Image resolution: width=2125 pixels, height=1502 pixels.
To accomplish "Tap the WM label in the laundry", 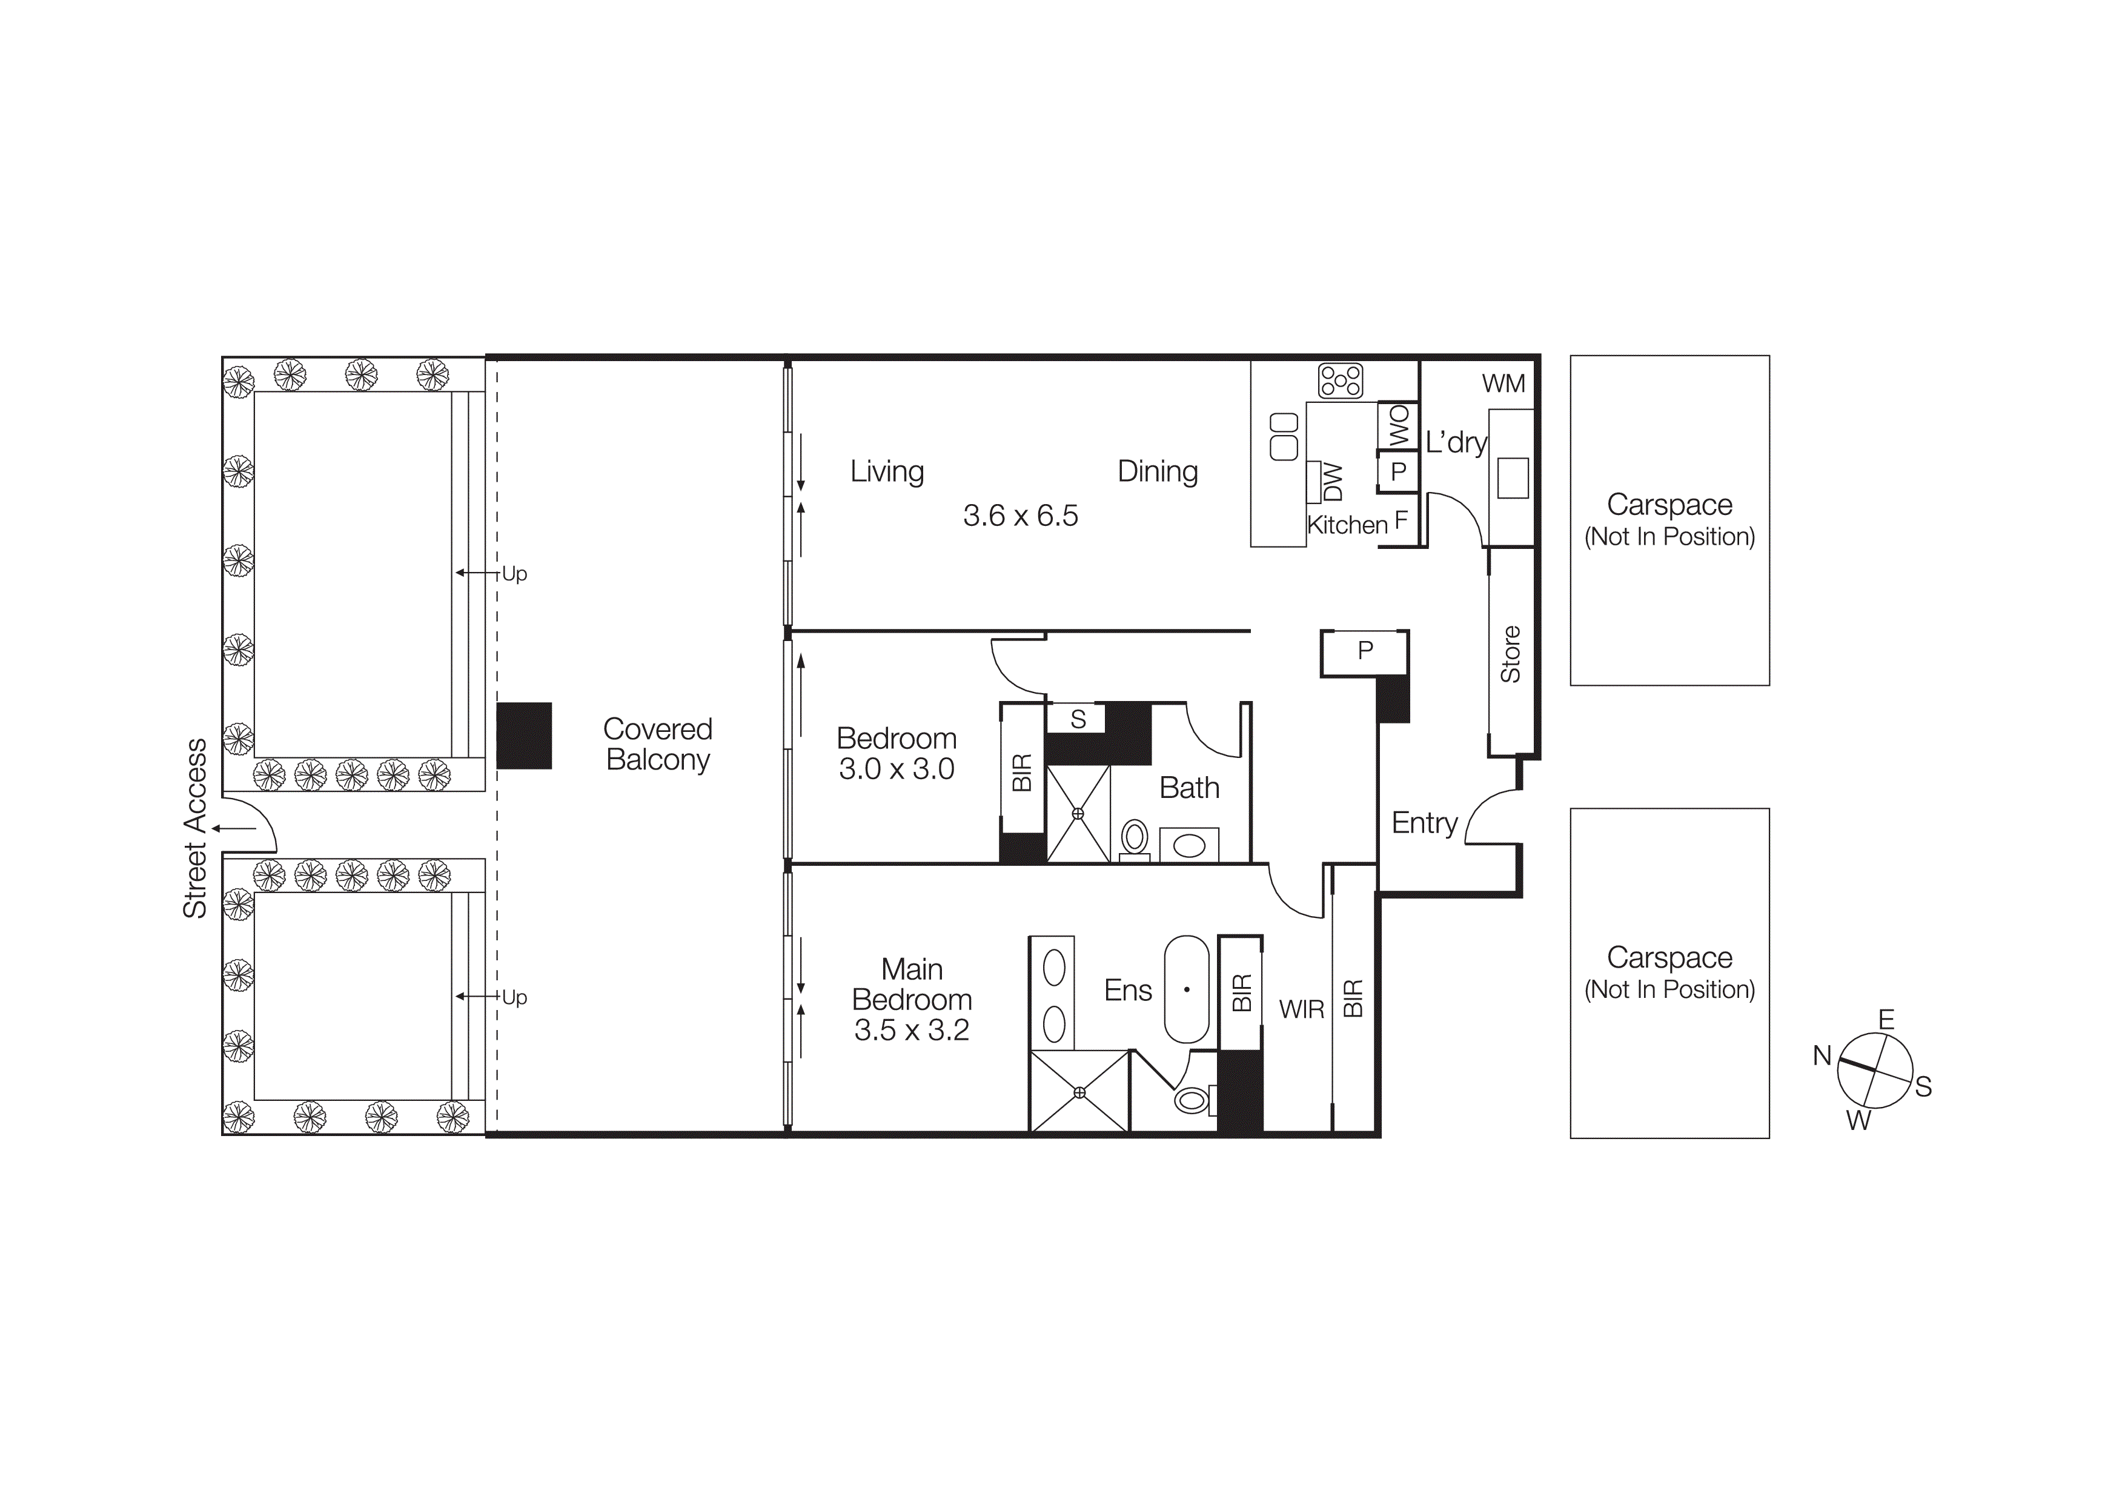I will (1503, 383).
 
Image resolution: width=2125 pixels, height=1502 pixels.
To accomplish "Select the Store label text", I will (1510, 654).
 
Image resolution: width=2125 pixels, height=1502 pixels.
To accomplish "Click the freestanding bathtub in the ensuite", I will (1187, 989).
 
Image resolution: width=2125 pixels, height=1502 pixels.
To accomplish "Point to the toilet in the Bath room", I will (1134, 839).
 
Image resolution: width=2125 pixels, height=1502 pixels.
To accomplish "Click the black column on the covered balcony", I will (524, 736).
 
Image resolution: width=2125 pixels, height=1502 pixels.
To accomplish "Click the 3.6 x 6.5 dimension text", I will (1020, 516).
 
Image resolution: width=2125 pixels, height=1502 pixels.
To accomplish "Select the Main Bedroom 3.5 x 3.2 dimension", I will (912, 1030).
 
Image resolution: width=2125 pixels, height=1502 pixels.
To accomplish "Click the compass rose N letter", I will (1822, 1055).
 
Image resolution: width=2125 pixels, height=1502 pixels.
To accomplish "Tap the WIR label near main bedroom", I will (1301, 1009).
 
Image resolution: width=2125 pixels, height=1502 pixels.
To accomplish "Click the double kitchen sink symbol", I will (1284, 437).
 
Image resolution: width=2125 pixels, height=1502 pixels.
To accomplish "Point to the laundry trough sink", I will (1513, 477).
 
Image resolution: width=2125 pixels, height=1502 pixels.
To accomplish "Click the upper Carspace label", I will (1669, 505).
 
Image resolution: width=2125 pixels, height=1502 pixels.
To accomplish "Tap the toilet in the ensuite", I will (1192, 1100).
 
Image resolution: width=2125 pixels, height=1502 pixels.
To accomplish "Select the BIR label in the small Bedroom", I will (1022, 772).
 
